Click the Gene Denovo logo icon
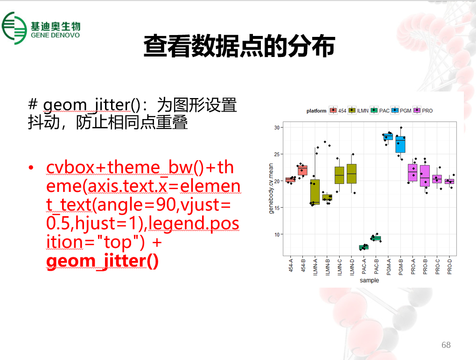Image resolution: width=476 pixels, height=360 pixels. pos(14,28)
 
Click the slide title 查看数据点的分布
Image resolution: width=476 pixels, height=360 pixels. pos(239,46)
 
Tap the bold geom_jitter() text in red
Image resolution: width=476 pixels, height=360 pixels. pos(102,261)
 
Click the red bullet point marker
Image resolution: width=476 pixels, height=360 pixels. pos(31,168)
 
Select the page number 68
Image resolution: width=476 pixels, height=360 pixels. pos(446,345)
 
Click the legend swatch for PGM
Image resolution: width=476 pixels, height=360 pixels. pos(395,110)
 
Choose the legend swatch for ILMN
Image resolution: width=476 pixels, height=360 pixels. pos(352,110)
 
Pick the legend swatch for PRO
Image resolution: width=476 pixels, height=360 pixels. pos(417,110)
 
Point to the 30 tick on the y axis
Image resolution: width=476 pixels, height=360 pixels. pos(277,127)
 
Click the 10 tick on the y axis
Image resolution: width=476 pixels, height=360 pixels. pos(277,234)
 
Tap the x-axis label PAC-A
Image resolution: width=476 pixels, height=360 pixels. pos(364,267)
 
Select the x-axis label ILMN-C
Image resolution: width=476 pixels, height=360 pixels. pos(340,267)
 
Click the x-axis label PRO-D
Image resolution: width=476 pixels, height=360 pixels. pos(449,267)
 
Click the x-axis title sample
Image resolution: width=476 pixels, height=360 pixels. pos(370,280)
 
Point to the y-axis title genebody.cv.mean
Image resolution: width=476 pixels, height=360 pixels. pos(271,188)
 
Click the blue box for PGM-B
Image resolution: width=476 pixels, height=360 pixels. pos(400,144)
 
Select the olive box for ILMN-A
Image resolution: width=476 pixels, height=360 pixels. pos(315,192)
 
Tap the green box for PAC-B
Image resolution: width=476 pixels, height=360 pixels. pos(376,239)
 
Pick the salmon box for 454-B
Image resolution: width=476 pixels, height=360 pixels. pos(302,170)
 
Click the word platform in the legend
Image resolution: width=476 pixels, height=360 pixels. pos(316,111)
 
